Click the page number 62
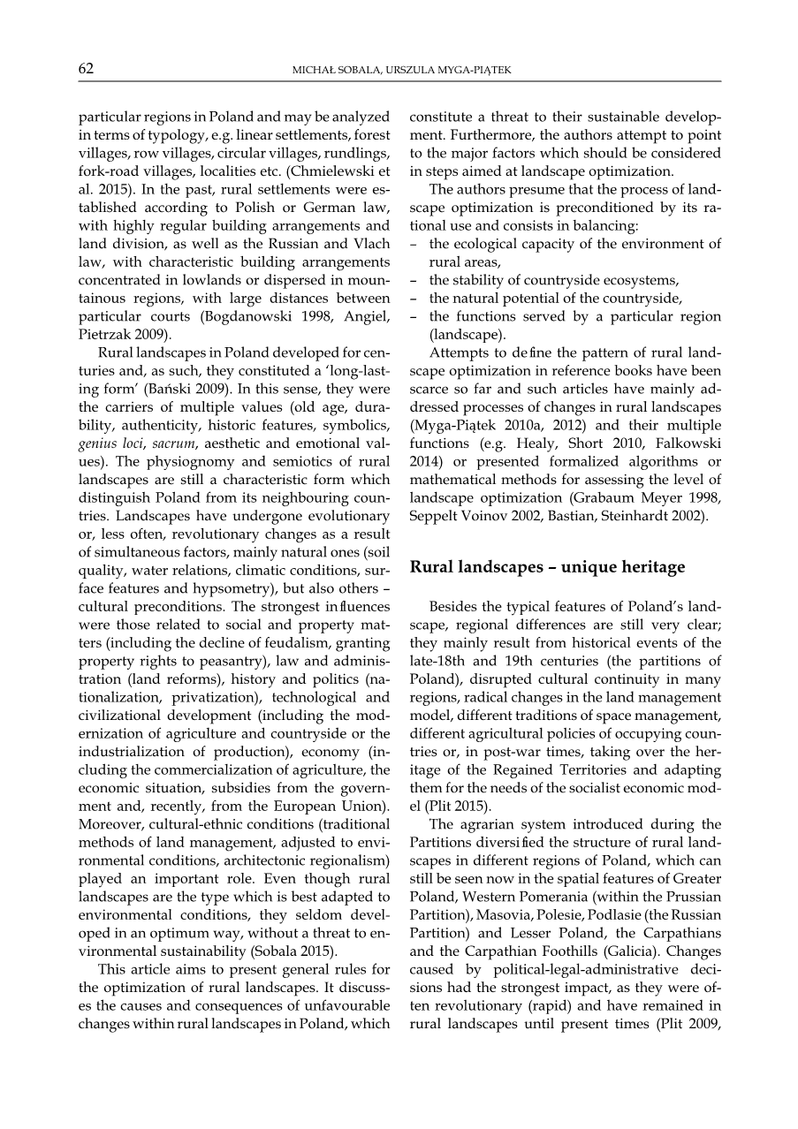pos(86,69)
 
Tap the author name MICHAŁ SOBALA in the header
pos(335,70)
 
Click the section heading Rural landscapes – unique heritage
pos(547,567)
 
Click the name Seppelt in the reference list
pos(437,516)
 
